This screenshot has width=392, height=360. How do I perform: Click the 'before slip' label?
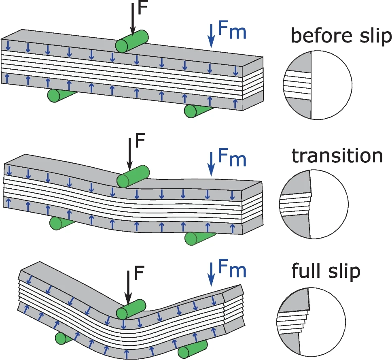341,37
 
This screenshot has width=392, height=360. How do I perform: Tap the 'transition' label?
337,156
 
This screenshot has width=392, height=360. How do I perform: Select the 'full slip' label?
326,271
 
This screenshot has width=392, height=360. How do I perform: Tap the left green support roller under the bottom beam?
64,337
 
